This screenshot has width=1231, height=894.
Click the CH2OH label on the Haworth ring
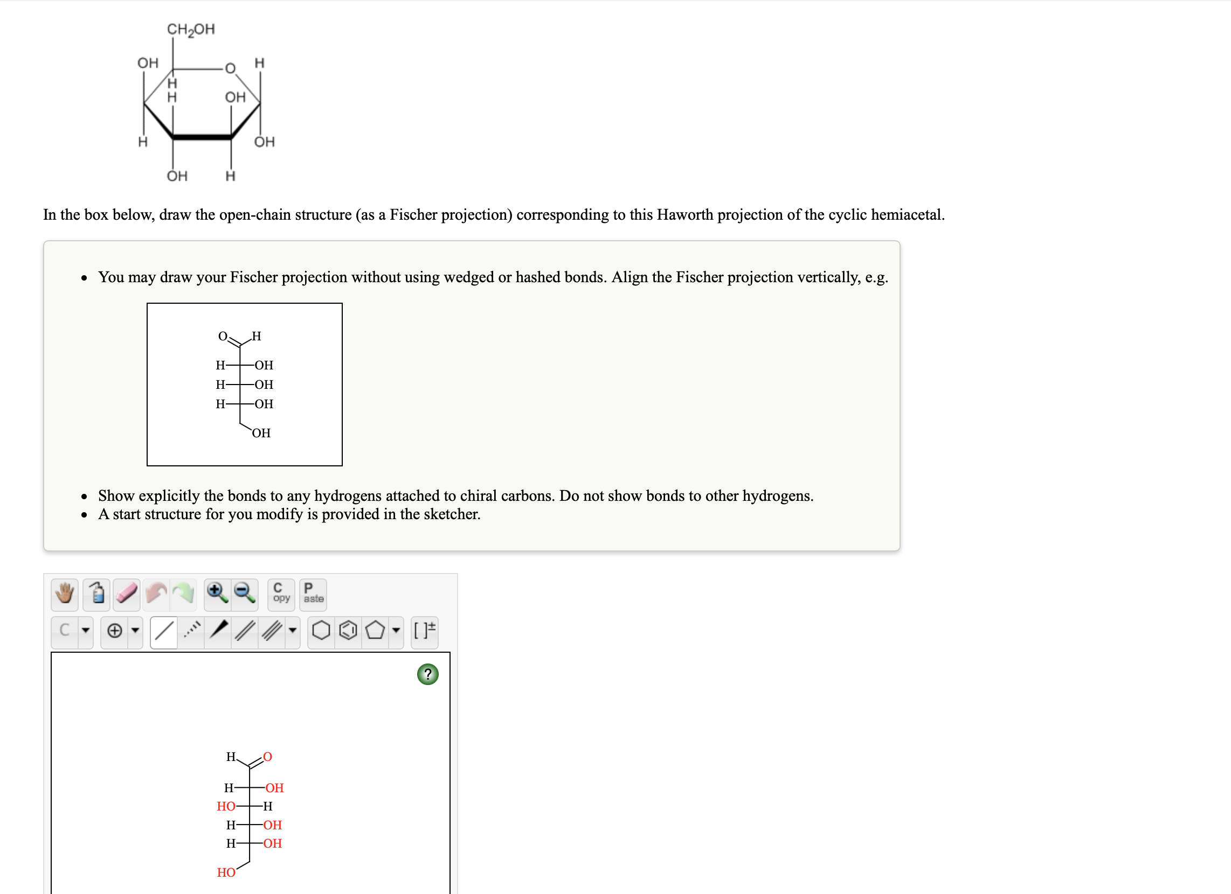(x=190, y=29)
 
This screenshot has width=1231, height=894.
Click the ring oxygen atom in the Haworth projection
(x=230, y=68)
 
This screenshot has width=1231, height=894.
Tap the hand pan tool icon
(x=65, y=593)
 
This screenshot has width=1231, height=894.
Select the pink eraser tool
(x=127, y=593)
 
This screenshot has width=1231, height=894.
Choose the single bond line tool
(x=164, y=630)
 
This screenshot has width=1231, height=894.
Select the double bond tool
(x=245, y=630)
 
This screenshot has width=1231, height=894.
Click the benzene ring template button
(x=348, y=630)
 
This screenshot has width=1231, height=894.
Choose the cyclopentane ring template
(x=375, y=630)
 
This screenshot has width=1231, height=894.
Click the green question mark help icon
(x=428, y=674)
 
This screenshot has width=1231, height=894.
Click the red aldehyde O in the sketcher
(x=267, y=757)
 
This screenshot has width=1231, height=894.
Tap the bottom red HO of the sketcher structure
(x=226, y=872)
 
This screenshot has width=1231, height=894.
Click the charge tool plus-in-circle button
(x=114, y=630)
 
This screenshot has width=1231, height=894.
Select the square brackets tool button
(x=424, y=630)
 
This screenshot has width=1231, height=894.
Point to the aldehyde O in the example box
(x=223, y=337)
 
